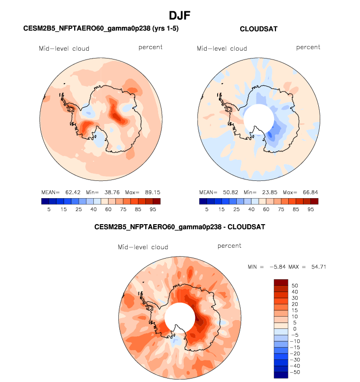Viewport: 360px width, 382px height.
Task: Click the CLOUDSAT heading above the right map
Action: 259,29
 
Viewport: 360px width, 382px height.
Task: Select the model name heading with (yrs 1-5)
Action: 101,29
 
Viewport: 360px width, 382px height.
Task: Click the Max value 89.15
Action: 150,192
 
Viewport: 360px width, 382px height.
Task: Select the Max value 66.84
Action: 308,192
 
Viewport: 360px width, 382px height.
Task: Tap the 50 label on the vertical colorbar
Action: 295,285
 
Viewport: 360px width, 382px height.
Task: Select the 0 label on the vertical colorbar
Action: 293,329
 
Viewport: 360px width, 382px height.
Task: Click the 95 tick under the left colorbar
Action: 153,209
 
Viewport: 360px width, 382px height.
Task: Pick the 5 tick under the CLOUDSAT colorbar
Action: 207,209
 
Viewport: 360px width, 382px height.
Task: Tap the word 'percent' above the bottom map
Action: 229,246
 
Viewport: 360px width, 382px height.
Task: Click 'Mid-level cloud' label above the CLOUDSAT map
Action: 222,48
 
